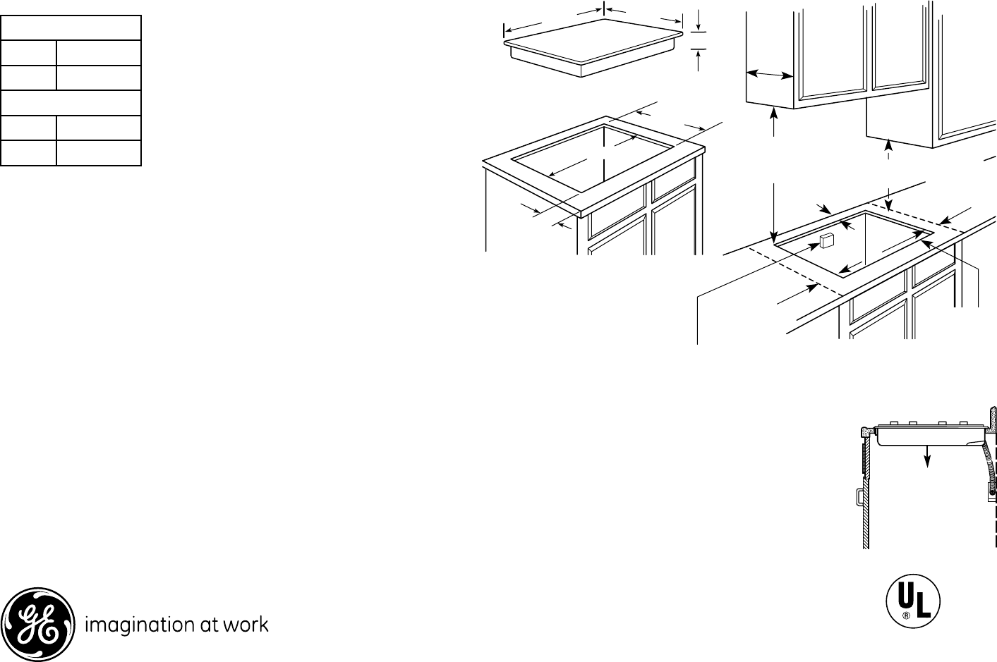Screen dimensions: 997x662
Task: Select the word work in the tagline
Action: pyautogui.click(x=245, y=624)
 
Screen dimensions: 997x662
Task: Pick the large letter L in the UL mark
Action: pyautogui.click(x=922, y=606)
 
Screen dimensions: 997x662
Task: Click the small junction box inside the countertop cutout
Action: pyautogui.click(x=826, y=240)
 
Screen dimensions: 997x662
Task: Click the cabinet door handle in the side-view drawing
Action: pyautogui.click(x=859, y=496)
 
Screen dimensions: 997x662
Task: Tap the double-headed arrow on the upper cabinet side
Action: pyautogui.click(x=770, y=74)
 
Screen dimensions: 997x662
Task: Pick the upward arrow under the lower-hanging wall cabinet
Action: pyautogui.click(x=888, y=147)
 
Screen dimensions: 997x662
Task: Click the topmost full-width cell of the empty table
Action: pyautogui.click(x=71, y=28)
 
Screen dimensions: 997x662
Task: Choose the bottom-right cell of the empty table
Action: pyautogui.click(x=98, y=153)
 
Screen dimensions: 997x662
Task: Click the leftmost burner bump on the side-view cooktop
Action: pyautogui.click(x=893, y=423)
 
